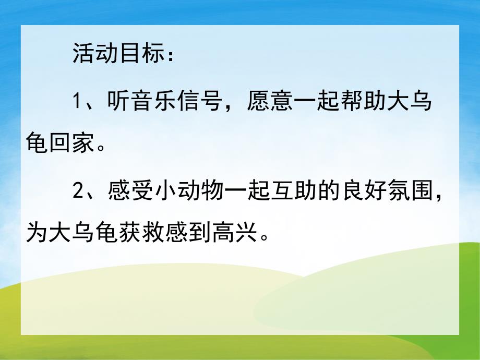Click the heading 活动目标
click(x=120, y=54)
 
